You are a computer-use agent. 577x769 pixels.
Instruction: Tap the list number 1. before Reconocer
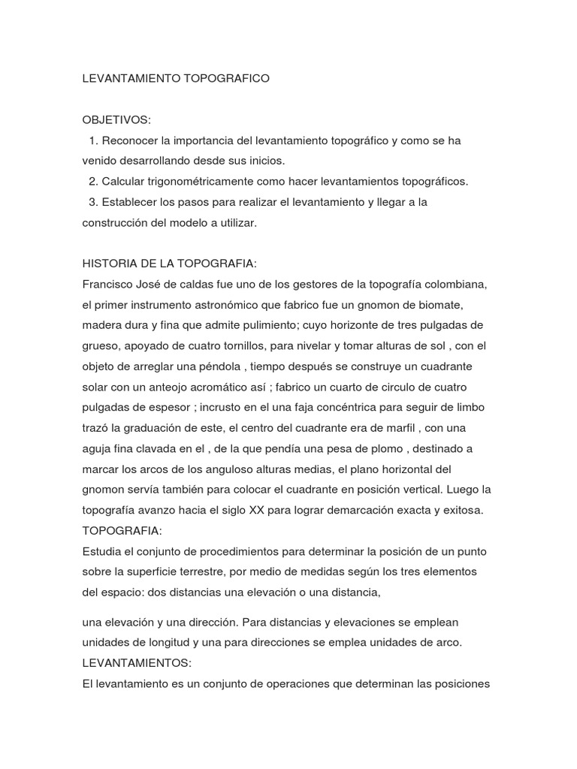(93, 140)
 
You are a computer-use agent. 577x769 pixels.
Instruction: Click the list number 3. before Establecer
(93, 202)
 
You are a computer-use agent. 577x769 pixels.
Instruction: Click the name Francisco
(110, 285)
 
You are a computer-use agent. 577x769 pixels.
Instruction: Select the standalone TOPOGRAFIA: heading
(121, 531)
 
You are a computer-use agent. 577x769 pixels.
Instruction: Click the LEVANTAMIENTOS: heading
(137, 663)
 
